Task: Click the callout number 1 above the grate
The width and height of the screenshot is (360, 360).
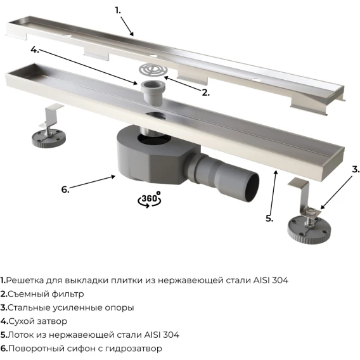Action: tap(118, 10)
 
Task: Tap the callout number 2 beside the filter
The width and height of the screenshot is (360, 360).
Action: tap(206, 93)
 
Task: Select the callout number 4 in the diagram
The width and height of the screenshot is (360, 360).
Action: tap(35, 50)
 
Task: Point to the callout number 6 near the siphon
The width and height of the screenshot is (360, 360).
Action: tap(65, 190)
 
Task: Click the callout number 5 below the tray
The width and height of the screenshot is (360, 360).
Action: tap(269, 218)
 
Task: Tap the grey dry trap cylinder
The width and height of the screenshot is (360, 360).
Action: tap(151, 91)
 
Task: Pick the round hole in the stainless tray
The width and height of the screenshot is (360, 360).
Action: tap(156, 116)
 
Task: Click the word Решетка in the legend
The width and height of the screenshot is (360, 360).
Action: tap(24, 280)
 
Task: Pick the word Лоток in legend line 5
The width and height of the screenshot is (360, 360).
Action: tap(20, 335)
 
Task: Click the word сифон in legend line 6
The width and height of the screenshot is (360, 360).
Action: tap(81, 349)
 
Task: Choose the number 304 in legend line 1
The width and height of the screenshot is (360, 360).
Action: tap(280, 280)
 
